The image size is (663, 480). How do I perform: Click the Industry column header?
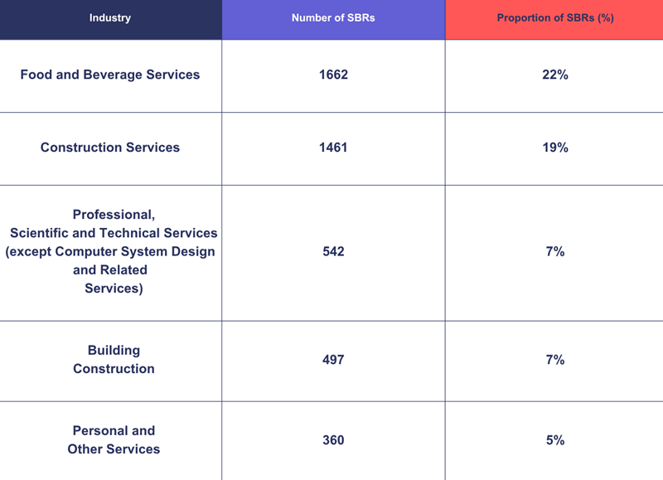pos(110,18)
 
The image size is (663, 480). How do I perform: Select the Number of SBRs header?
pos(333,18)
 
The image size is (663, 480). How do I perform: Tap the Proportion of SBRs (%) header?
pos(554,18)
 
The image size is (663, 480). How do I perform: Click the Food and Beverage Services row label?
pos(110,75)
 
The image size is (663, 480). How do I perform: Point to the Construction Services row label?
pos(110,148)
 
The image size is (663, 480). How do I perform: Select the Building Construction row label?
pos(114,360)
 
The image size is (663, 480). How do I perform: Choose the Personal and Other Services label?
pos(114,440)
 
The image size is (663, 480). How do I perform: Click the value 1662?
pos(333,75)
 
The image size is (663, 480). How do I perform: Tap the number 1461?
pos(333,148)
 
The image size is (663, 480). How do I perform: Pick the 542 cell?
pos(333,251)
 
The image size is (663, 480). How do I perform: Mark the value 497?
pos(333,360)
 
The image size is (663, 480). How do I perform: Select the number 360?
pos(333,440)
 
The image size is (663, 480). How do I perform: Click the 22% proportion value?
pos(554,75)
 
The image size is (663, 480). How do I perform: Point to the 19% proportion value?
pos(554,148)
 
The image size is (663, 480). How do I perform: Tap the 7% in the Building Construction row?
pos(554,360)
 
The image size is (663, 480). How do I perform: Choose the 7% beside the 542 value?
pos(554,251)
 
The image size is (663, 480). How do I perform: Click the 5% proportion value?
pos(554,440)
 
